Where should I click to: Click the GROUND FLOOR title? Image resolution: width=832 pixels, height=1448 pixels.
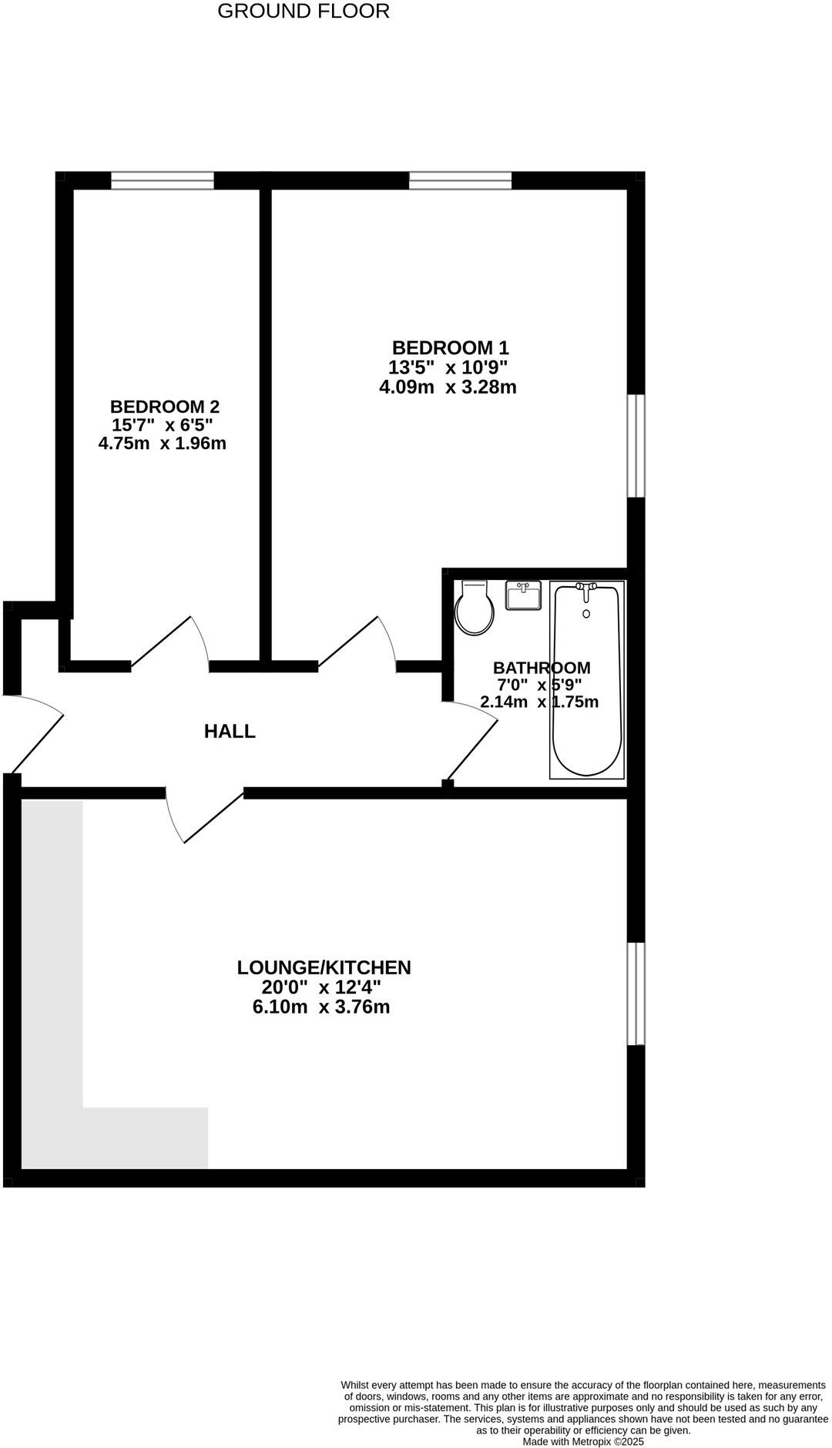(304, 12)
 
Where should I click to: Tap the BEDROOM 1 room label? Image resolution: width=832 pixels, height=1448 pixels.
(450, 348)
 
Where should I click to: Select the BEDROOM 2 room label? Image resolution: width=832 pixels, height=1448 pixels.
(164, 407)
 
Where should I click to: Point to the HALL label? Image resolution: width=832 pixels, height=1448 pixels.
(230, 732)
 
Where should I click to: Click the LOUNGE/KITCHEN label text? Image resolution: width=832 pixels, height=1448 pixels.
(324, 967)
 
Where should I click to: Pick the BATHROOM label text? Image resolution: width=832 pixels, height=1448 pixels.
(542, 668)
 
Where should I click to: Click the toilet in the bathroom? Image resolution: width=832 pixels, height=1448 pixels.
(474, 608)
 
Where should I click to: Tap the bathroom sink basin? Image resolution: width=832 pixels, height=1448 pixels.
(523, 595)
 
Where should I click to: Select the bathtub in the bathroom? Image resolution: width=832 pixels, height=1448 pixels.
(587, 685)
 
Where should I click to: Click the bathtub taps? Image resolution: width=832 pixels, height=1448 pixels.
(587, 588)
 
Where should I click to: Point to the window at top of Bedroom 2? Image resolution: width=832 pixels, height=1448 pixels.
(163, 180)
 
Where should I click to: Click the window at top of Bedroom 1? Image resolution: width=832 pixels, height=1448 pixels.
(460, 180)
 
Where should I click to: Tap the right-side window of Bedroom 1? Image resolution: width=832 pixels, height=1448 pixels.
(636, 446)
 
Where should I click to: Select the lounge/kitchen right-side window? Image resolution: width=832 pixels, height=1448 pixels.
(636, 994)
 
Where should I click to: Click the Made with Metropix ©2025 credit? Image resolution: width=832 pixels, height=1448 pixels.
(583, 1441)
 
